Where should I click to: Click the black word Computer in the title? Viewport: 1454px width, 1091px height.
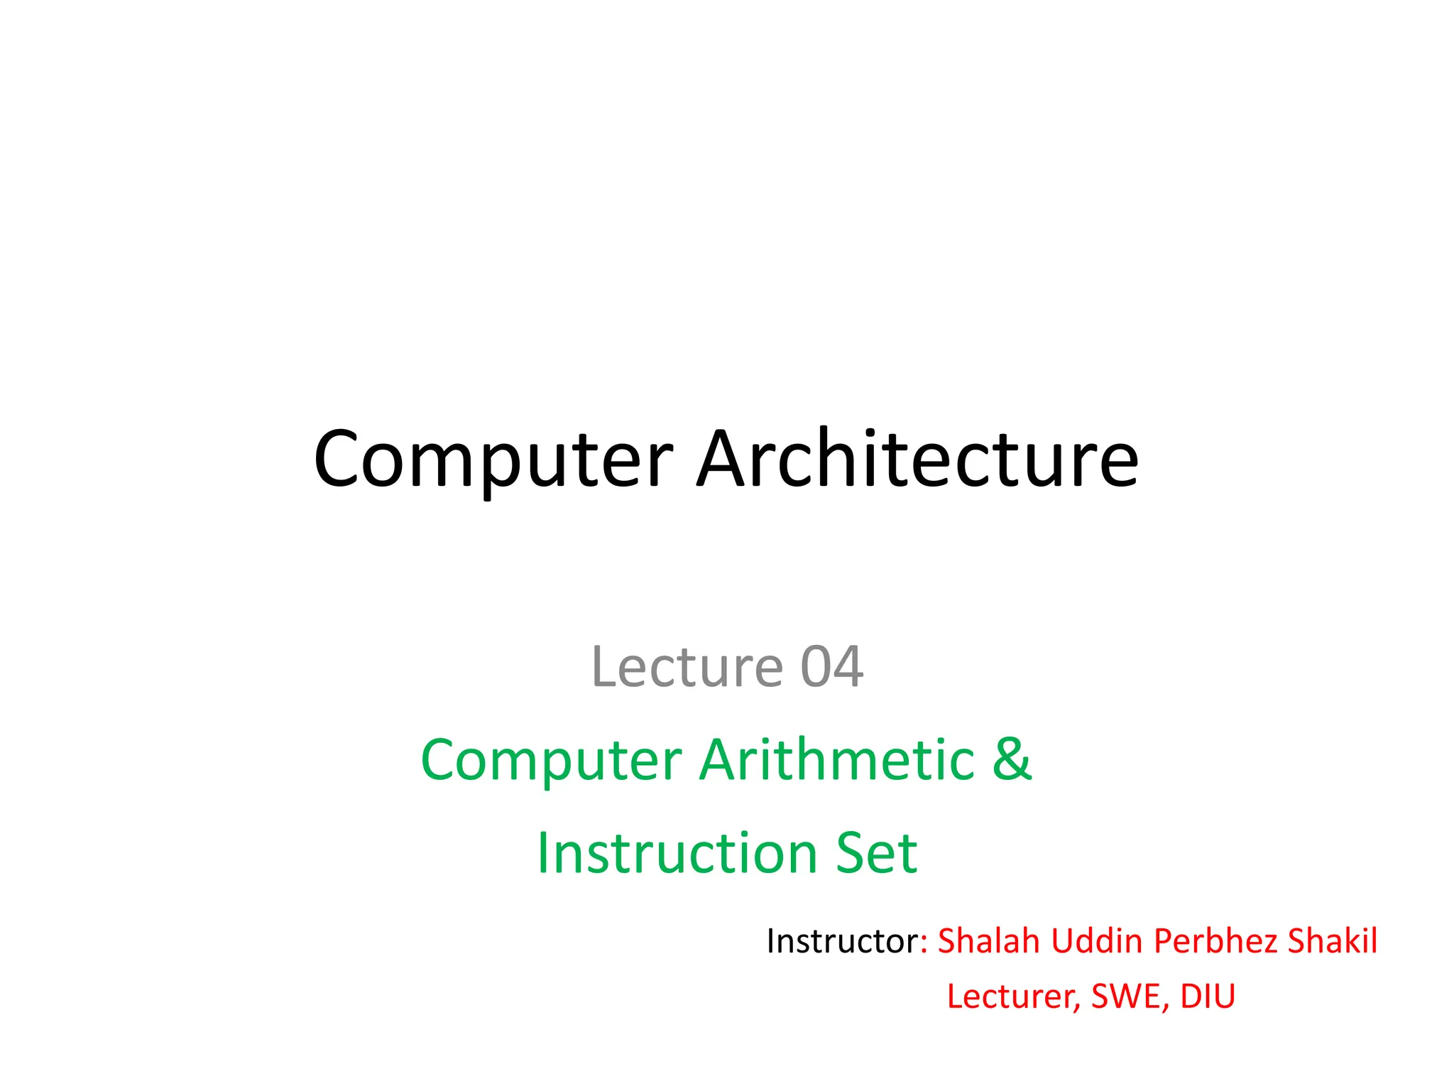(x=493, y=460)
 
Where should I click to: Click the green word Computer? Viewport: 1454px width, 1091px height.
(x=551, y=761)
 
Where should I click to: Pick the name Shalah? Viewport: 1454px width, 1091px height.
(x=988, y=941)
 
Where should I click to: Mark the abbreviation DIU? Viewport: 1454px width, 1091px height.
(x=1208, y=997)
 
